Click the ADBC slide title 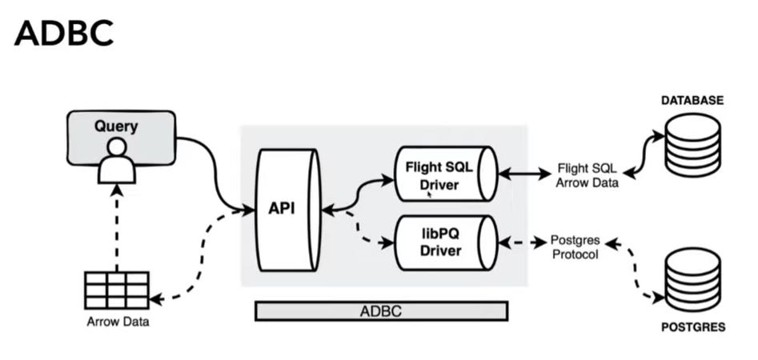coord(64,34)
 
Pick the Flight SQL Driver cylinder coord(441,174)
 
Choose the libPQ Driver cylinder coord(441,242)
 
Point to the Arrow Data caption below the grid coord(118,322)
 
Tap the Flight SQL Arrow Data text coord(588,175)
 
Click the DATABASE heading coord(692,101)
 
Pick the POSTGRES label coord(693,327)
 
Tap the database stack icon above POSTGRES coord(694,276)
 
